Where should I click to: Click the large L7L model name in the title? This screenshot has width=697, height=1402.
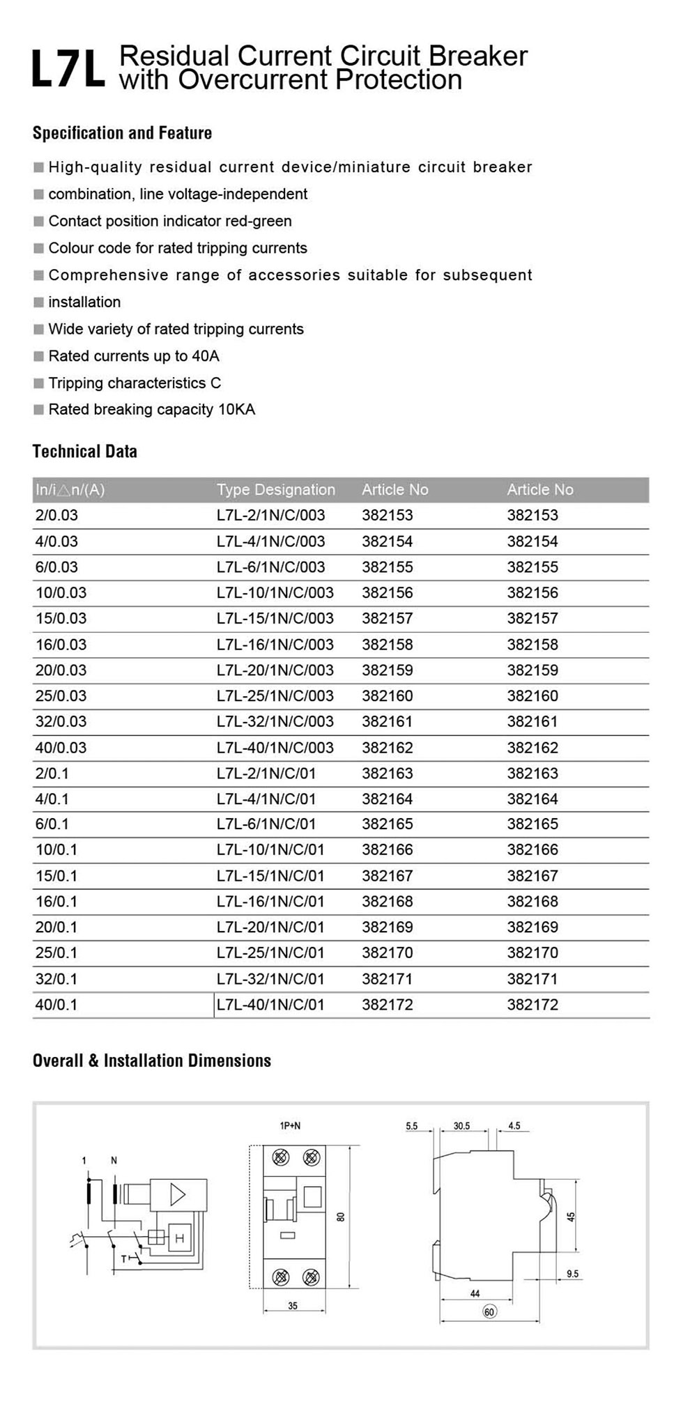click(68, 68)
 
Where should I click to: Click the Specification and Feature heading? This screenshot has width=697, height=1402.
click(122, 133)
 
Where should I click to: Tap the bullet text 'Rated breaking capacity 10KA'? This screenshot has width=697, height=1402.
click(151, 410)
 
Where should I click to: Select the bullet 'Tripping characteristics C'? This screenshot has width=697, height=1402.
click(135, 383)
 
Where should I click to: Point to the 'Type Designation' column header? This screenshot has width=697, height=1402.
click(275, 490)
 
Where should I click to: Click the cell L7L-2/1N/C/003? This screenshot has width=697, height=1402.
click(270, 516)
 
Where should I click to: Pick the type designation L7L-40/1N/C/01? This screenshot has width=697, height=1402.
click(270, 1005)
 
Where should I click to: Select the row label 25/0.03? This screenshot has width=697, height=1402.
click(61, 696)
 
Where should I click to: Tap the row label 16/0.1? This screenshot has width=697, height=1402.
click(56, 902)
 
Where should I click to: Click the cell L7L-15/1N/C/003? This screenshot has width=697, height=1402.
click(275, 619)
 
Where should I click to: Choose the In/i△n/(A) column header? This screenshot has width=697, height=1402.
click(70, 490)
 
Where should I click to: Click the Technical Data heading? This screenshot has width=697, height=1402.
click(84, 452)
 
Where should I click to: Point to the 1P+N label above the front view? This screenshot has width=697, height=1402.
click(290, 1126)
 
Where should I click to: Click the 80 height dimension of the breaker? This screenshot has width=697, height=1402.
click(341, 1217)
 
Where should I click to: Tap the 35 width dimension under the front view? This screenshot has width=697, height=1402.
click(293, 1306)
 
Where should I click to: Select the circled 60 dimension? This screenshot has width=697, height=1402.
click(489, 1312)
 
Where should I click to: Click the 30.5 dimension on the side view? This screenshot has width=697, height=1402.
click(461, 1126)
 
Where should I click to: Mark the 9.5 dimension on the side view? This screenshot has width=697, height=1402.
click(572, 1274)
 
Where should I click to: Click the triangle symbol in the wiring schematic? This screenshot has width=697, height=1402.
click(178, 1195)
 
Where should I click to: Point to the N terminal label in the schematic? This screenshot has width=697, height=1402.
click(114, 1161)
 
